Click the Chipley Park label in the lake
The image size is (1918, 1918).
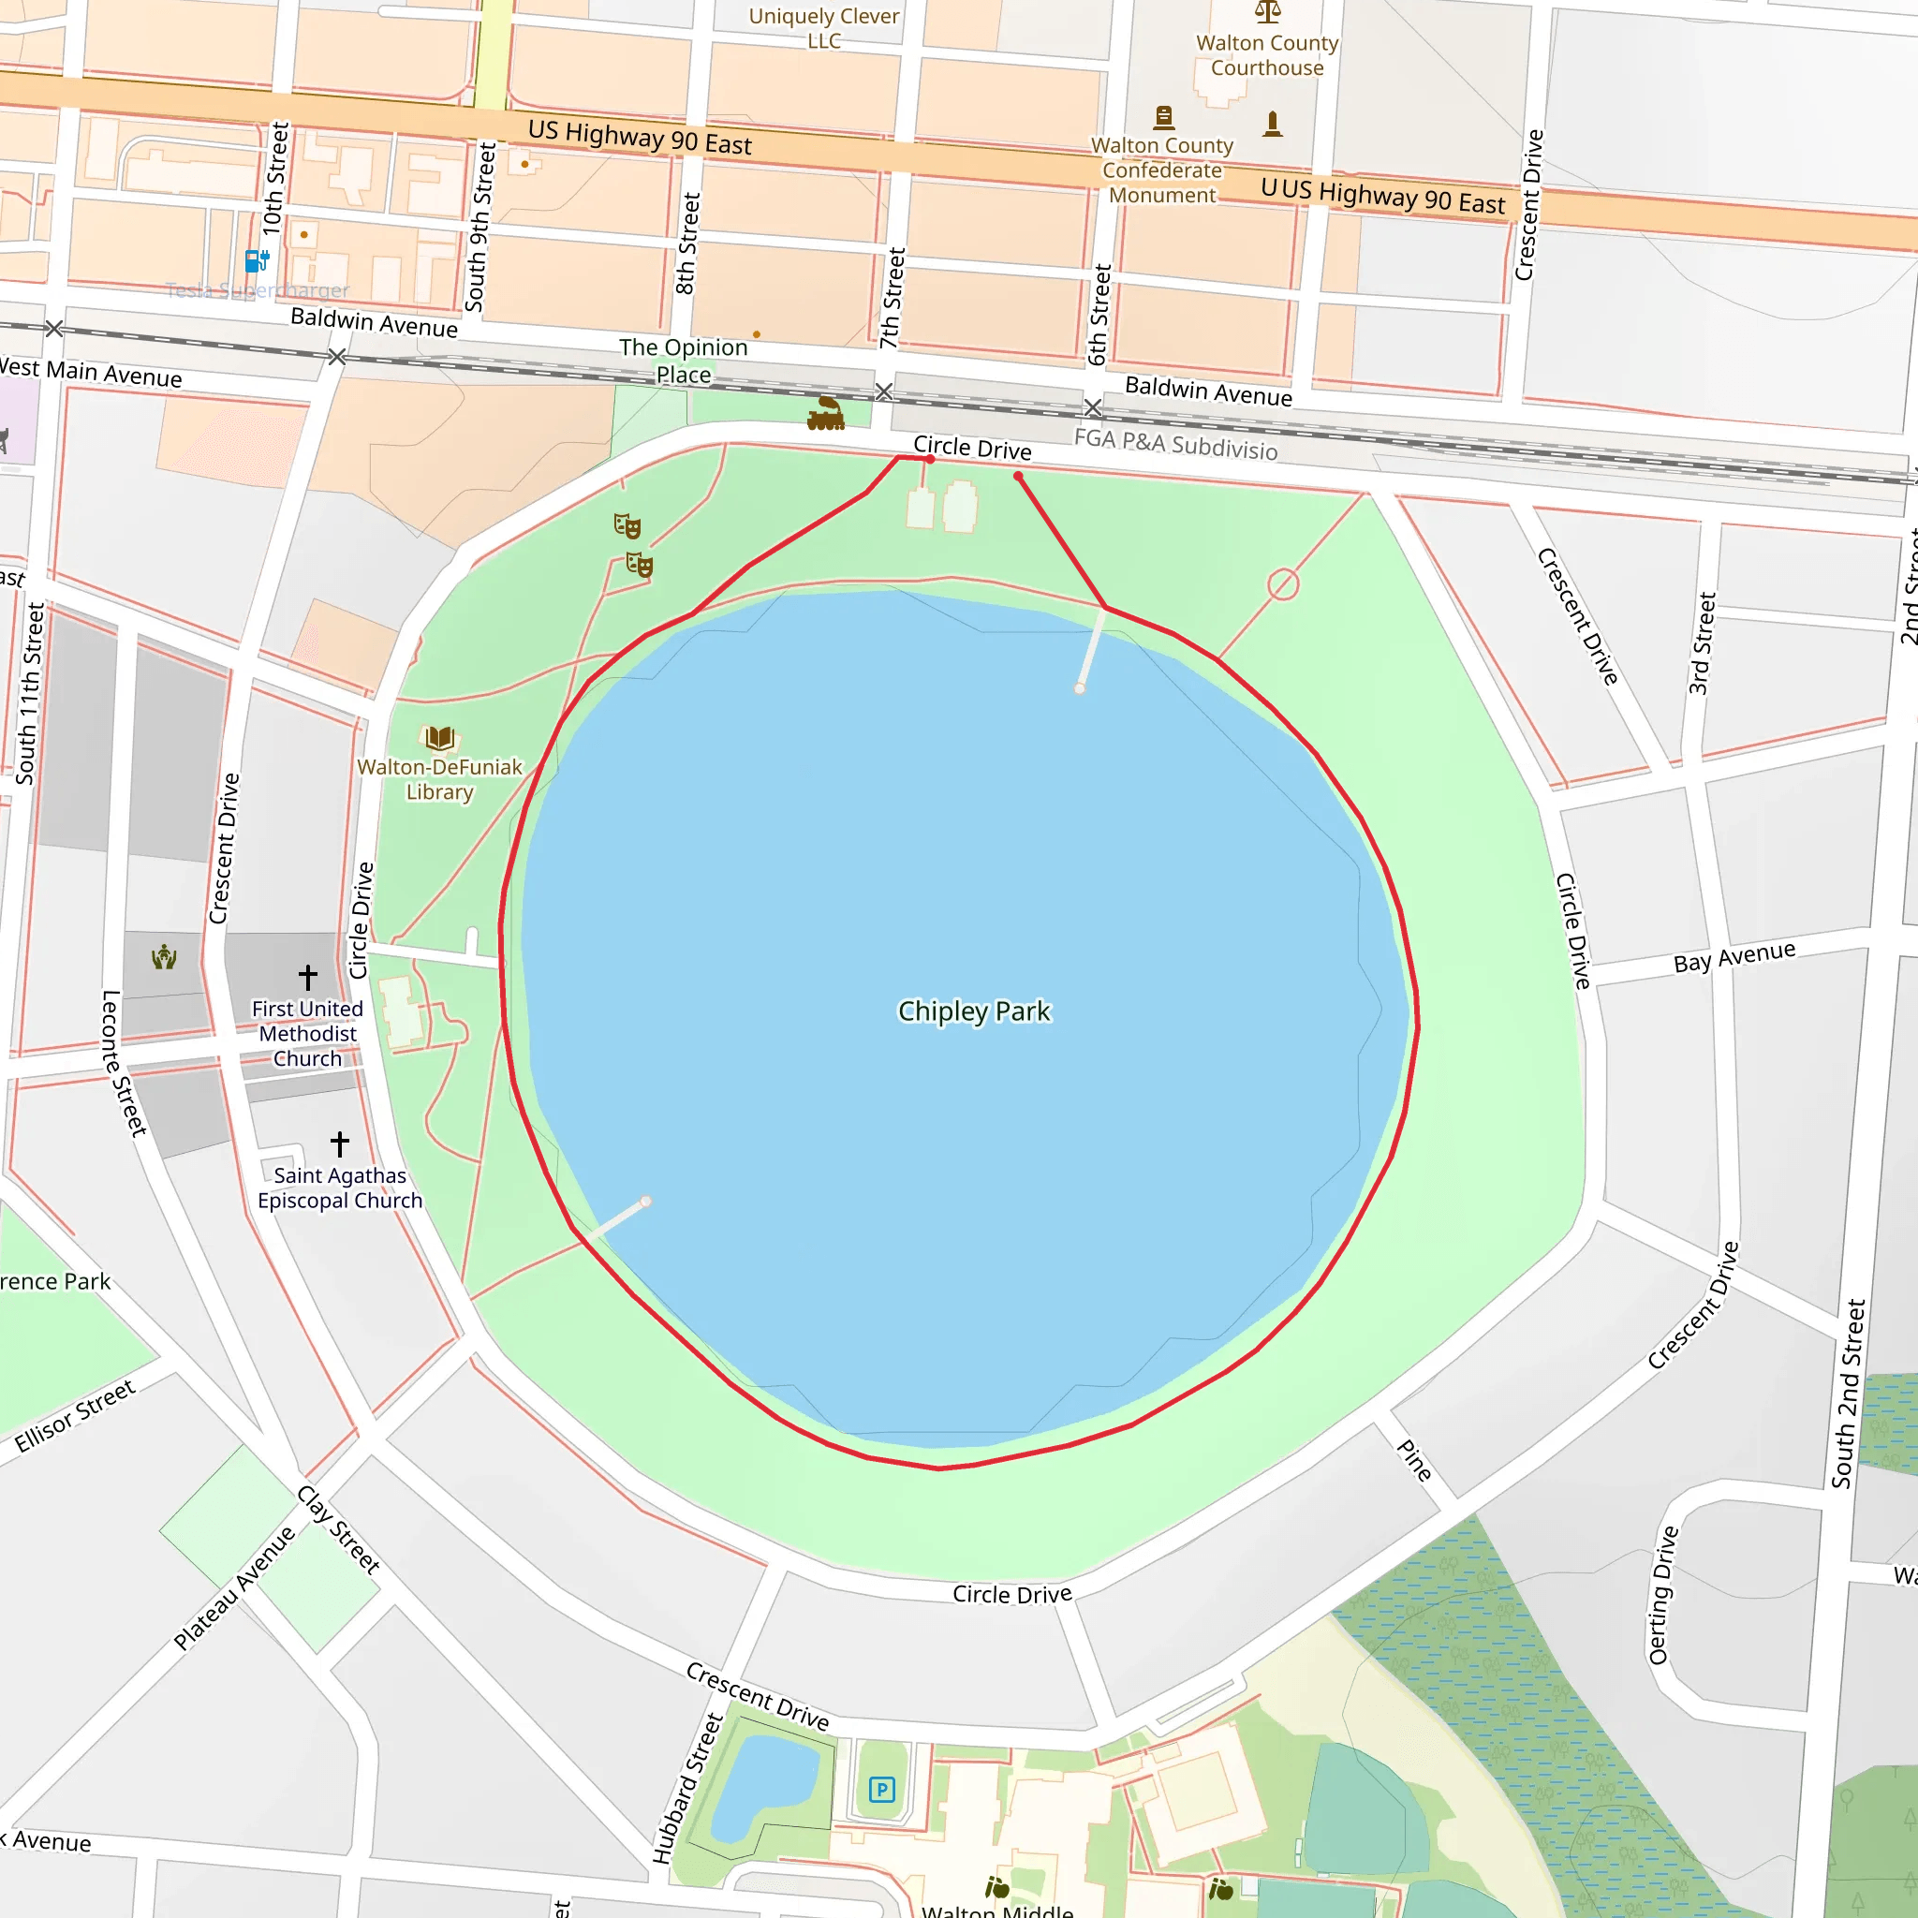click(x=973, y=1011)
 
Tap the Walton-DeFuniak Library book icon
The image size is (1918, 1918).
click(x=440, y=738)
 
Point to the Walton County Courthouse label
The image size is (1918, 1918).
click(x=1267, y=55)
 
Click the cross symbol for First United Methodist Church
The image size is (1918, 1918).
click(x=308, y=977)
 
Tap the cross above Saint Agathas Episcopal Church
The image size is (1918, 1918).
click(x=340, y=1143)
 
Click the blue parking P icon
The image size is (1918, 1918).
click(x=881, y=1790)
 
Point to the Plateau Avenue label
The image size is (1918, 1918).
click(x=234, y=1588)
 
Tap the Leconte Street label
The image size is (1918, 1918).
click(x=125, y=1062)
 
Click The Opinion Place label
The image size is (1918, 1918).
click(x=683, y=361)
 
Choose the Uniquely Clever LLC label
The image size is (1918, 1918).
click(x=823, y=28)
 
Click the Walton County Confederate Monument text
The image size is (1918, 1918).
click(x=1161, y=170)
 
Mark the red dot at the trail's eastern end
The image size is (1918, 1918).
click(x=1018, y=477)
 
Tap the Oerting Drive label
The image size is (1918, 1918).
click(x=1663, y=1595)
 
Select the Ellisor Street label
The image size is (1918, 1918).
click(x=75, y=1416)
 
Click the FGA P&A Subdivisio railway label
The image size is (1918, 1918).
click(x=1175, y=444)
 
